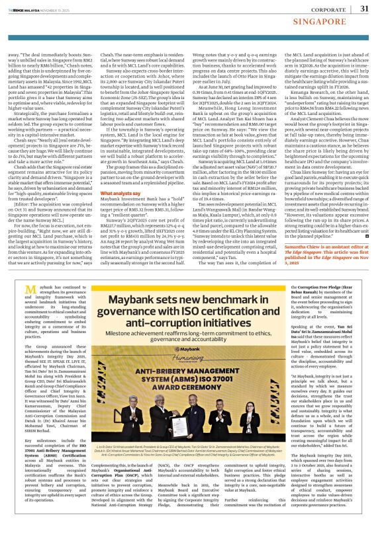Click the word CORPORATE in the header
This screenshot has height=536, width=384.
click(x=329, y=9)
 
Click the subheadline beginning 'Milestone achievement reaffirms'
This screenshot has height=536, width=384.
click(x=193, y=332)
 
